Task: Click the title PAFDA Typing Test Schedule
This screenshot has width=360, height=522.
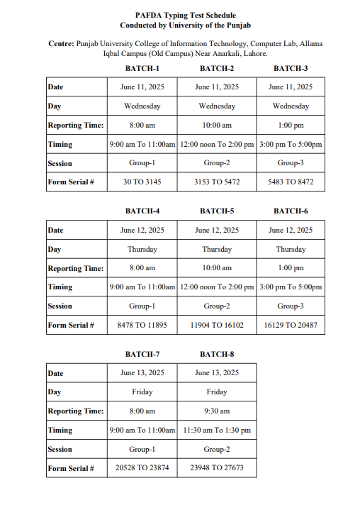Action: point(185,15)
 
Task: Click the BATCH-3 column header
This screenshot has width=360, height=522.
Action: point(291,68)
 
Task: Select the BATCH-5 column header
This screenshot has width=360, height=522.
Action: point(217,211)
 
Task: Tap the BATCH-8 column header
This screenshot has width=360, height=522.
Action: point(217,354)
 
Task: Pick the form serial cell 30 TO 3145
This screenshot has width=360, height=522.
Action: point(142,182)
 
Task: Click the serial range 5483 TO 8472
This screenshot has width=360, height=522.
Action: point(291,182)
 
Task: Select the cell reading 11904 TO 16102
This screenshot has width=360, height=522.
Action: point(217,326)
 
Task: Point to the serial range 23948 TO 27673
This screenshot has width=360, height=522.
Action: point(217,468)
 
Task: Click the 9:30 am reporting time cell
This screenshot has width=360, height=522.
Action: point(217,411)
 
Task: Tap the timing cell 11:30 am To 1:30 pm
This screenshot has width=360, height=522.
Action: point(217,431)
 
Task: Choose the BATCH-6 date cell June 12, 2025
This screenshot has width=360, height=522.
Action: point(291,231)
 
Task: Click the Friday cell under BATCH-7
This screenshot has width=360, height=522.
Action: point(142,392)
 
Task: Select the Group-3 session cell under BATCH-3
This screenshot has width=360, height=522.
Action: point(291,163)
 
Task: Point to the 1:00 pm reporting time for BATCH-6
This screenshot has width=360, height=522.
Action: point(291,268)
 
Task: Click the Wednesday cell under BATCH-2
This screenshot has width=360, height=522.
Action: point(217,106)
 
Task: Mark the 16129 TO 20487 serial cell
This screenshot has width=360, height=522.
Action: point(291,326)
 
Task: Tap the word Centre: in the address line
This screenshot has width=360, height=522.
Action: point(60,43)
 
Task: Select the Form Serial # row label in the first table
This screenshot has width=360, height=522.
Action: point(71,182)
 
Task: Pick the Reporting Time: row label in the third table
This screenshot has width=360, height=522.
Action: point(75,411)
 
